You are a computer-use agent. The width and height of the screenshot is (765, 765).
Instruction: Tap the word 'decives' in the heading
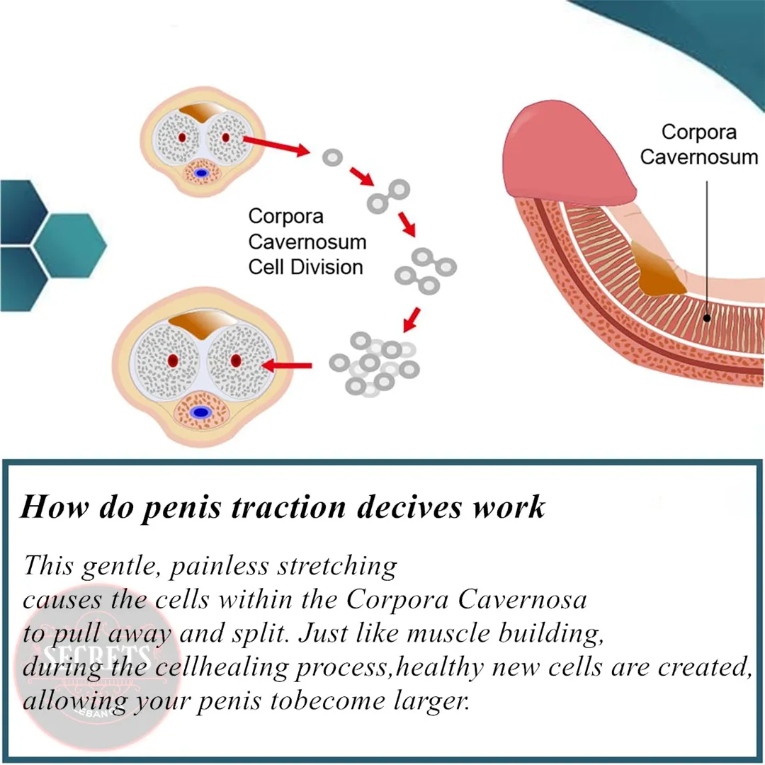tap(409, 506)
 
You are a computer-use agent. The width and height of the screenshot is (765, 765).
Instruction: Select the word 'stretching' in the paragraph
tap(338, 567)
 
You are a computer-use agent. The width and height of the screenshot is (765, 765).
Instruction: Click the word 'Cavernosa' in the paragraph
tap(522, 600)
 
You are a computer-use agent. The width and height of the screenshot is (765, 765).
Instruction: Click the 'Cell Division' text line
tap(305, 267)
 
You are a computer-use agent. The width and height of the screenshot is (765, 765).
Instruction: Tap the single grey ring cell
tap(332, 157)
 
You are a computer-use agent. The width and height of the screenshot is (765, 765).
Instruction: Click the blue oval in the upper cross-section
tap(201, 173)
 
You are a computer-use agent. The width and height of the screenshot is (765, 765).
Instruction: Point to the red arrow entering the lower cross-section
tap(286, 365)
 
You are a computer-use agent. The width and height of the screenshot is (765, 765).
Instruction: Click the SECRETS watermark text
tap(97, 656)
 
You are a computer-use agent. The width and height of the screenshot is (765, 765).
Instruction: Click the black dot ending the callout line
tap(707, 318)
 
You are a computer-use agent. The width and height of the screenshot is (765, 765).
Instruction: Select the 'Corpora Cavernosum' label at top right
tap(698, 144)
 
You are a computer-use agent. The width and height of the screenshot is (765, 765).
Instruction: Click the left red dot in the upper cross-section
tap(182, 137)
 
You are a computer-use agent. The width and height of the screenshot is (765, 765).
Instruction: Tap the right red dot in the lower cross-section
tap(236, 361)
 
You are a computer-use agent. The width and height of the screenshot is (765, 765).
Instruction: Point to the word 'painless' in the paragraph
tap(219, 567)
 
